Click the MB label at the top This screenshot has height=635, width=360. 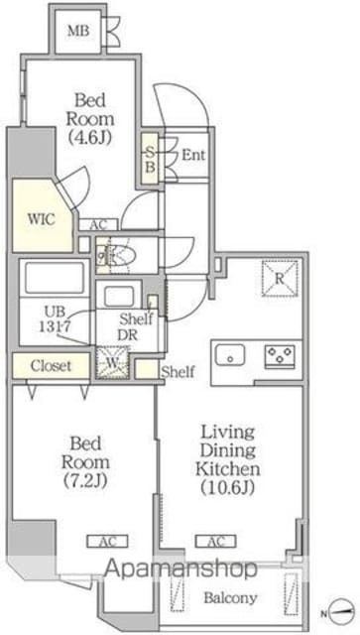[78, 31]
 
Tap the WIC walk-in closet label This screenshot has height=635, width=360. [41, 219]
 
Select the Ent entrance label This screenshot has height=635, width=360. [193, 155]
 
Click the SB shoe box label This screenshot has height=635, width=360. [150, 160]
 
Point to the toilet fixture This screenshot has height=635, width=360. [117, 256]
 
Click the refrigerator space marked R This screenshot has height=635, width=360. [280, 279]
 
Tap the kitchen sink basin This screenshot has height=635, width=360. [230, 355]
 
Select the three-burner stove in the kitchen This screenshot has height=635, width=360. [280, 356]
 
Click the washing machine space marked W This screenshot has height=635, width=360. [113, 363]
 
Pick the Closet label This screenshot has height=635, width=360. [51, 366]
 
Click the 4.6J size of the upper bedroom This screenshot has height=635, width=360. [90, 137]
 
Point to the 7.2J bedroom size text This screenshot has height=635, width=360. [85, 480]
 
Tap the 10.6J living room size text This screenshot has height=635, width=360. [228, 487]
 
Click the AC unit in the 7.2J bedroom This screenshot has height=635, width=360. [108, 541]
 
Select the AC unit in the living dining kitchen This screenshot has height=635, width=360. [216, 541]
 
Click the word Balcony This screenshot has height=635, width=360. [230, 597]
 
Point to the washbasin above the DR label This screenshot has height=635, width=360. [119, 297]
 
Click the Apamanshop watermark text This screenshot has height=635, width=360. [181, 570]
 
